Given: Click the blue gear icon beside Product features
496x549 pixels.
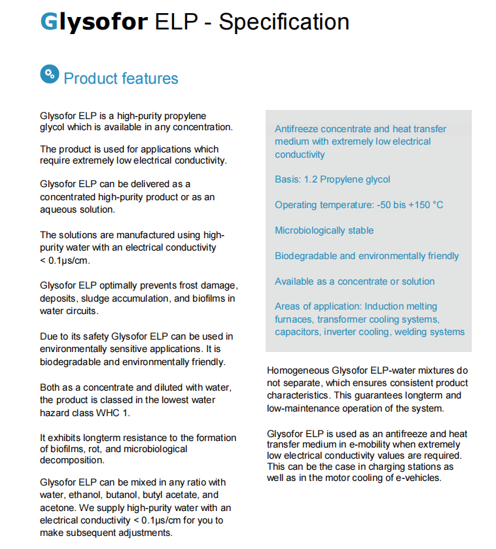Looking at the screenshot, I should tap(49, 75).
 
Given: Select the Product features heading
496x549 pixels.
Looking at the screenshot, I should tap(121, 79).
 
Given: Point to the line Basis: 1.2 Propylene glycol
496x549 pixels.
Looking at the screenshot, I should tap(332, 179).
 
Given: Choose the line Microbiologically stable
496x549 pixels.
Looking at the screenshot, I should tap(325, 230).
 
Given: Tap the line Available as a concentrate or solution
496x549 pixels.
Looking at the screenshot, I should tap(355, 281).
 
